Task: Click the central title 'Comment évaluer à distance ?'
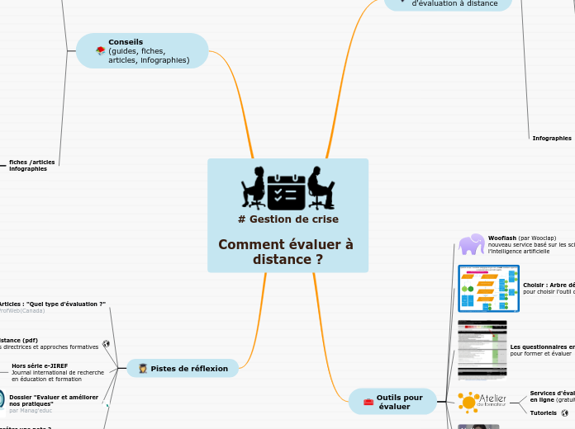(x=287, y=252)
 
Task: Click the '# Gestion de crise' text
(x=287, y=219)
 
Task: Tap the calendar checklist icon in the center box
(x=287, y=189)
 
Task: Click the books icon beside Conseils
(x=100, y=51)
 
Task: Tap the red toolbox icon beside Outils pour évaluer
(x=368, y=403)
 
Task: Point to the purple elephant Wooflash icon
(x=472, y=244)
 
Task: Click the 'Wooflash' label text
(x=501, y=238)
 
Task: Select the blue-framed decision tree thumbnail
(x=488, y=288)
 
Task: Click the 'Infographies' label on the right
(x=551, y=139)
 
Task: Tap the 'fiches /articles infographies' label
(x=31, y=165)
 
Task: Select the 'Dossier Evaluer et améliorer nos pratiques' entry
(x=53, y=400)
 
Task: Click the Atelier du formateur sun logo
(x=468, y=402)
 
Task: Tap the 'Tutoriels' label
(x=543, y=412)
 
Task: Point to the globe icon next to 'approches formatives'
(x=106, y=344)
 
